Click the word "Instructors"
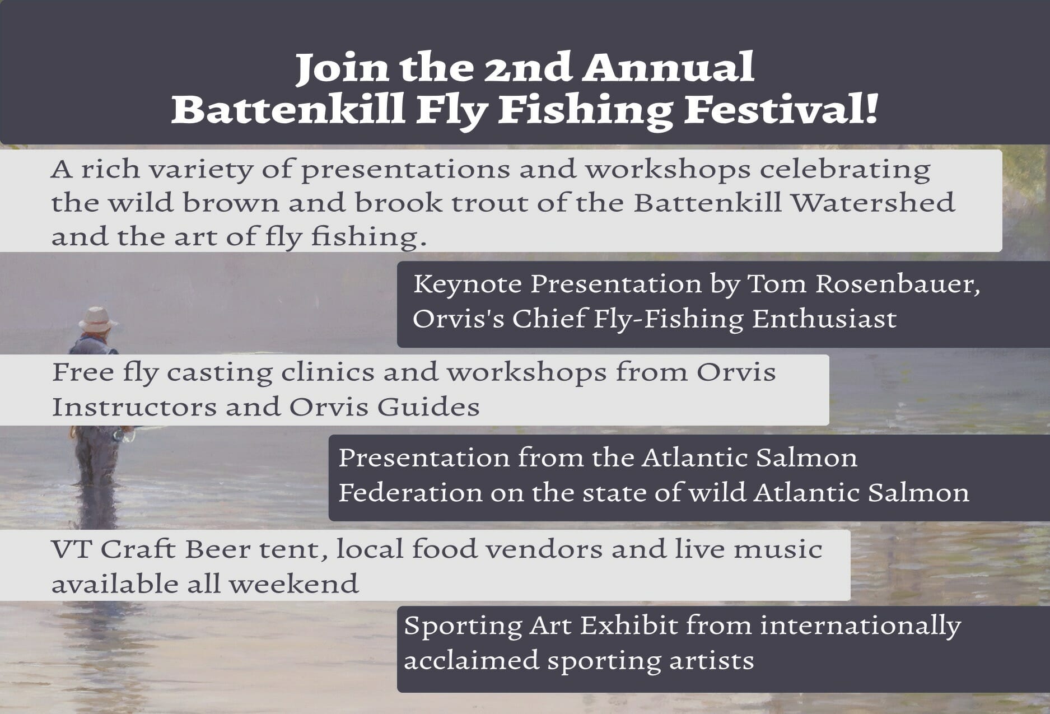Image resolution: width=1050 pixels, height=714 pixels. [x=134, y=407]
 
